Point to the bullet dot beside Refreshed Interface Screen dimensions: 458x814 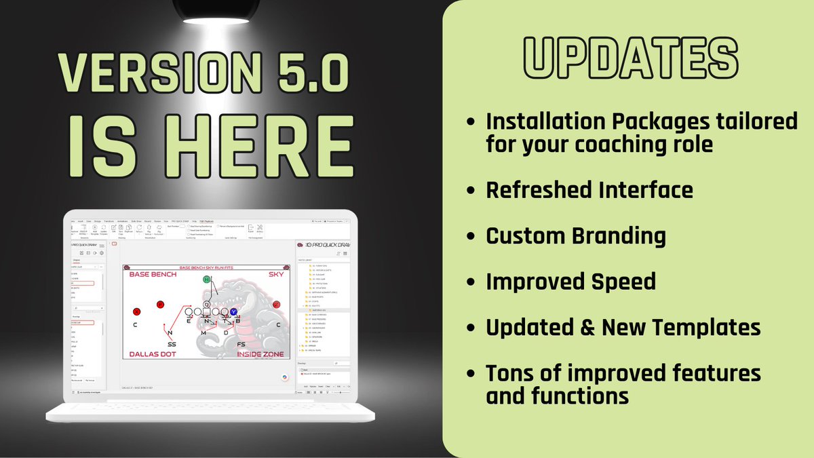coord(471,190)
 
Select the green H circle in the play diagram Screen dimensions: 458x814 coord(206,280)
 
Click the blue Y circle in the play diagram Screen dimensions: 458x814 coord(233,312)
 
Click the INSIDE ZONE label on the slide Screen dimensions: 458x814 coord(261,354)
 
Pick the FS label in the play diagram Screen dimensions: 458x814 coord(241,345)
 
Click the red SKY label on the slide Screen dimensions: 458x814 coord(275,274)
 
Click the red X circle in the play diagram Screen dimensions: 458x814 coord(136,312)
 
